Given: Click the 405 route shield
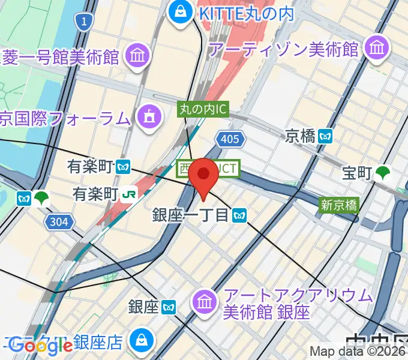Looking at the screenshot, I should (x=231, y=140).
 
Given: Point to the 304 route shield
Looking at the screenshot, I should (x=58, y=223).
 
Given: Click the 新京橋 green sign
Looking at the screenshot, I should (x=338, y=205).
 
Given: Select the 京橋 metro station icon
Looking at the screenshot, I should (x=326, y=136).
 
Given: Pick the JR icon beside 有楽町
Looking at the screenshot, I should (x=129, y=194).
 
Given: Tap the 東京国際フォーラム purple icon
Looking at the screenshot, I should (x=149, y=116).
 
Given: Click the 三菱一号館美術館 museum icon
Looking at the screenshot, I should (x=137, y=57).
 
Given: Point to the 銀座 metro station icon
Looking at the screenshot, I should (x=169, y=308).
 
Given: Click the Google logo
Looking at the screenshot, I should (x=40, y=346).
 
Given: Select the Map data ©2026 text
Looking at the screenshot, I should (x=358, y=352).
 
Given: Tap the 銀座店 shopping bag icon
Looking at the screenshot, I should (x=142, y=340).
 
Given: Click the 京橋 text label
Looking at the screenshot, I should (x=301, y=136).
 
